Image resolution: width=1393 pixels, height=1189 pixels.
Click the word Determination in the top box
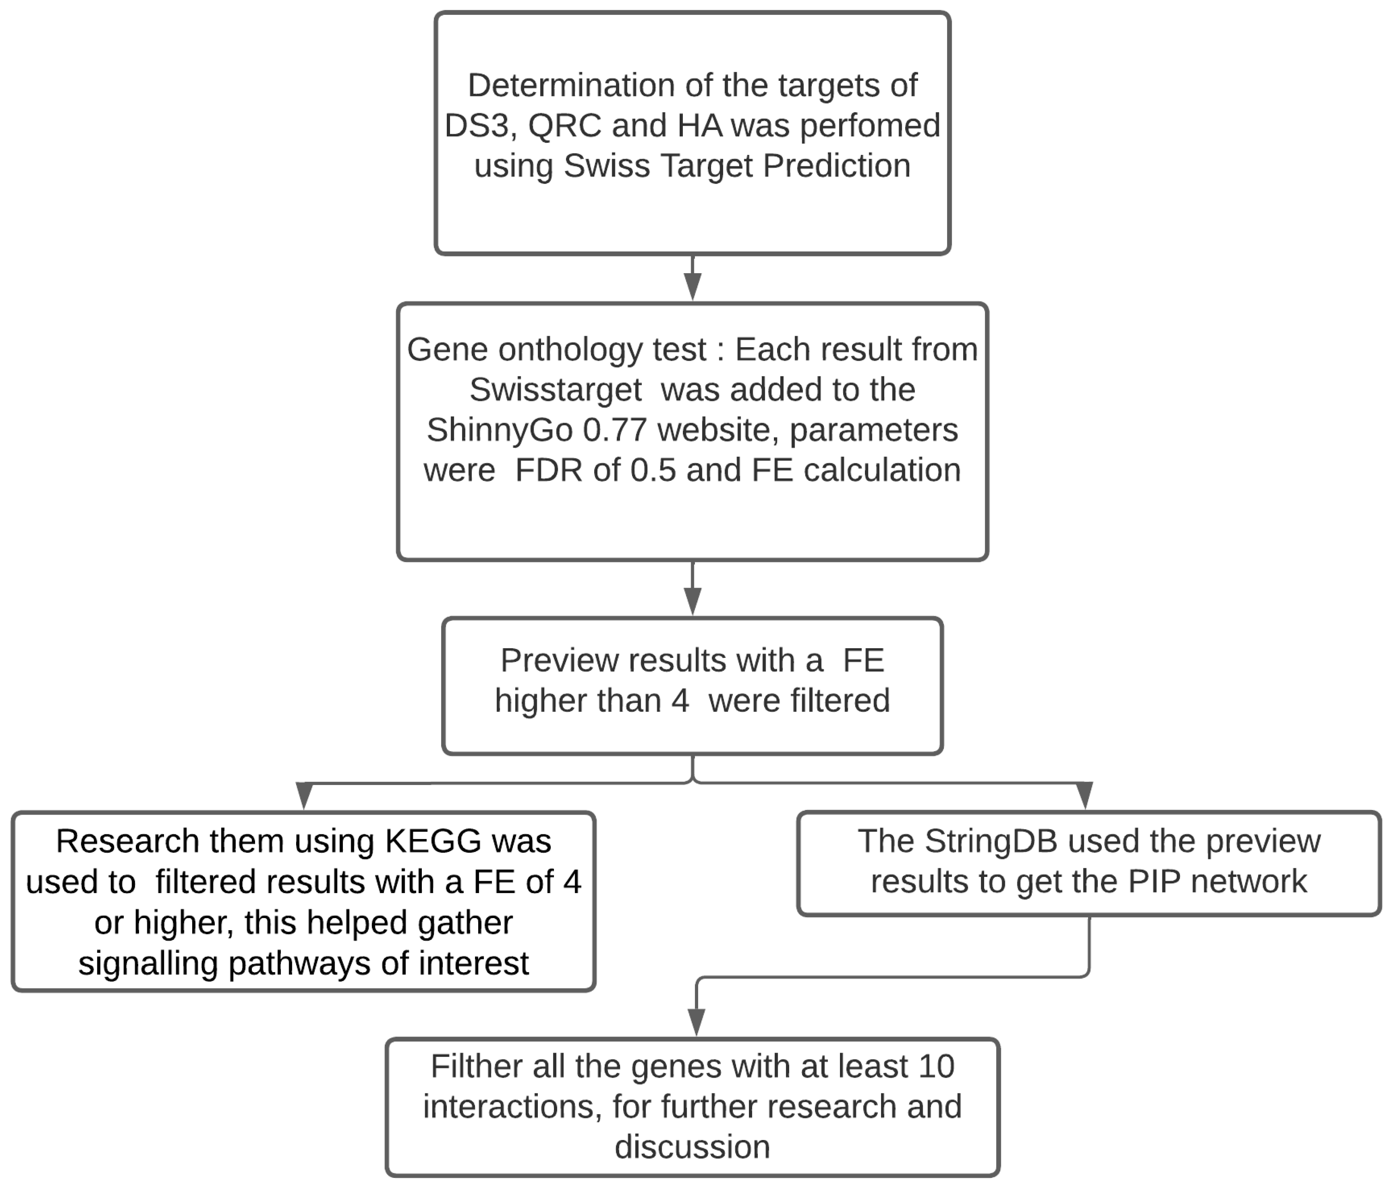coord(572,86)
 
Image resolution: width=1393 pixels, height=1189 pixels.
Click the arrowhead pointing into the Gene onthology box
coord(693,287)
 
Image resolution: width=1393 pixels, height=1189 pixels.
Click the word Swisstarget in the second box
coord(555,390)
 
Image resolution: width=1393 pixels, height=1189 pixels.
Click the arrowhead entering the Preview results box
coord(693,601)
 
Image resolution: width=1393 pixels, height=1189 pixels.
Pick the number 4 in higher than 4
coord(680,701)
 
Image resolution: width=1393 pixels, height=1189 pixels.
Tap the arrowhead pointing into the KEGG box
coord(304,796)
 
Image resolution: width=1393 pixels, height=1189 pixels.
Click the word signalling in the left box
coord(149,964)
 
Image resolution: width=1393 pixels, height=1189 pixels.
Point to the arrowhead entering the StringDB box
coord(1084,796)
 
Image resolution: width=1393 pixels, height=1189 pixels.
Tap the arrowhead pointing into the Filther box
coord(697,1022)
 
